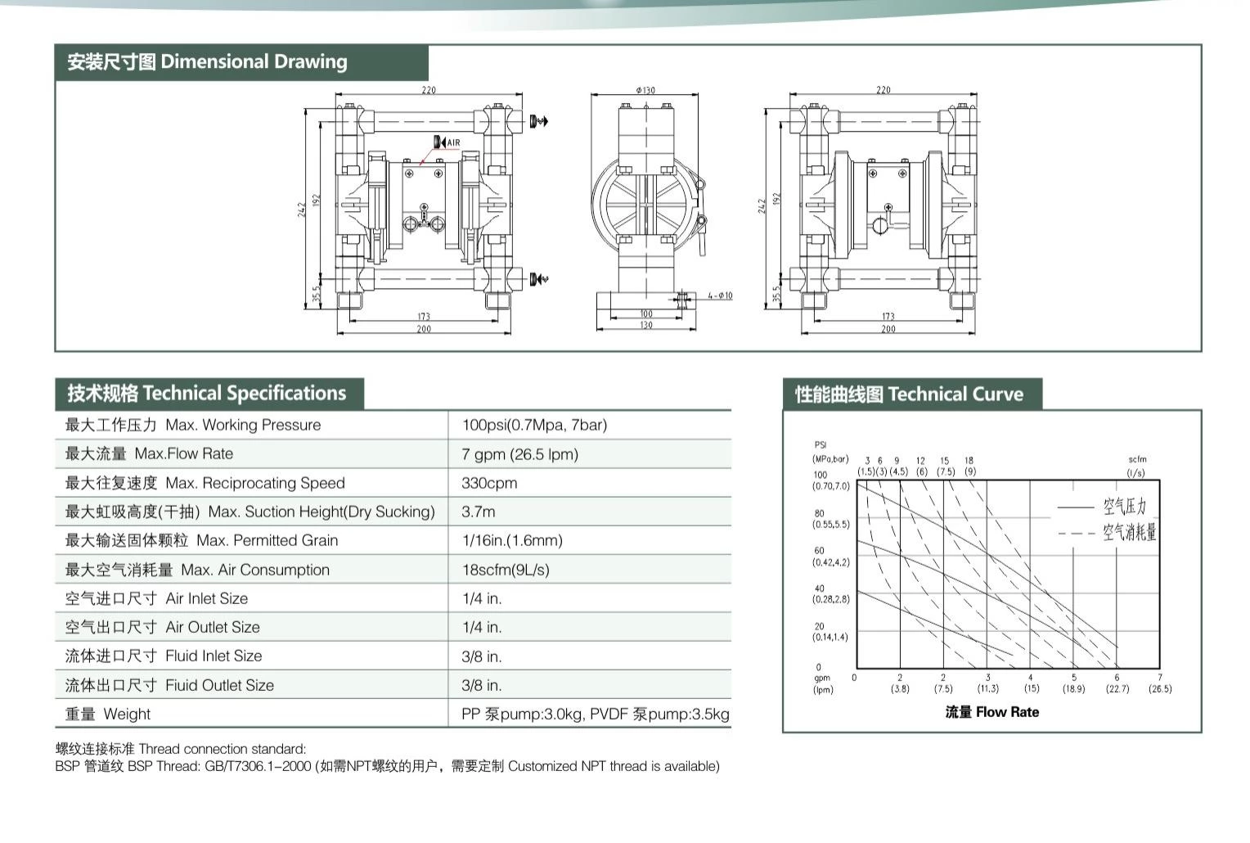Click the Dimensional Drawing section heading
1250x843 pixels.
pyautogui.click(x=207, y=61)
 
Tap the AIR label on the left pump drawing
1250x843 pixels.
pyautogui.click(x=454, y=142)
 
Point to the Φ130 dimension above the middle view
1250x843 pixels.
pyautogui.click(x=645, y=90)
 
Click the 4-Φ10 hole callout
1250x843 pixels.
pyautogui.click(x=720, y=295)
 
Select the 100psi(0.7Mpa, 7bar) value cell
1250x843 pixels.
pyautogui.click(x=534, y=425)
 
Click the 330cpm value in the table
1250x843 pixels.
pyautogui.click(x=489, y=483)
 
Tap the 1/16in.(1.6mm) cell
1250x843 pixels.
pyautogui.click(x=512, y=540)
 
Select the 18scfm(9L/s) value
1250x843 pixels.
pyautogui.click(x=506, y=570)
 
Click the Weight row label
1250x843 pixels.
pyautogui.click(x=108, y=714)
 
